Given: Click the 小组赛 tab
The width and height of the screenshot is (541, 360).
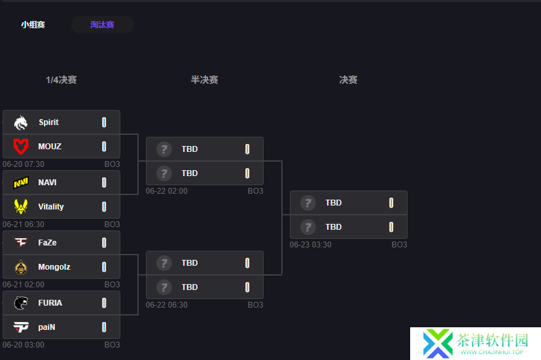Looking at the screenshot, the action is pyautogui.click(x=33, y=25).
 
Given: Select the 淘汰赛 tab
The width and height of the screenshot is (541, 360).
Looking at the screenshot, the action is pyautogui.click(x=103, y=25).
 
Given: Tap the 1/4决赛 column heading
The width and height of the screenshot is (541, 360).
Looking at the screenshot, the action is pyautogui.click(x=61, y=80).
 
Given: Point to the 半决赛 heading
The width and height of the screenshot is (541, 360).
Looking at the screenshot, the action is pyautogui.click(x=205, y=80).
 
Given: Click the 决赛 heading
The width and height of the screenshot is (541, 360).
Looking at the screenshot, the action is pyautogui.click(x=348, y=80).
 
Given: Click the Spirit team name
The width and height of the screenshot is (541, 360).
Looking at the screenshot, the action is pyautogui.click(x=48, y=122).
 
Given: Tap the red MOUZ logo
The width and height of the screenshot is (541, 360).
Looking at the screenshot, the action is pyautogui.click(x=21, y=147).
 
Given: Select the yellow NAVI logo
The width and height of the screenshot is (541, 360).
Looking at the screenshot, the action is pyautogui.click(x=21, y=183).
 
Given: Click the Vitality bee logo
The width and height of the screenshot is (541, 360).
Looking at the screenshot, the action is pyautogui.click(x=21, y=206).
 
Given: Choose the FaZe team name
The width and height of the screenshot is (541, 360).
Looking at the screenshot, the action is pyautogui.click(x=47, y=243).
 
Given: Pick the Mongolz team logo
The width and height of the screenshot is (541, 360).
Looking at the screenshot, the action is pyautogui.click(x=21, y=267).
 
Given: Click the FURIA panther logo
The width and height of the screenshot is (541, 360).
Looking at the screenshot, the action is pyautogui.click(x=21, y=303).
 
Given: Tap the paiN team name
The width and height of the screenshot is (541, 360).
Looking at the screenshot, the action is pyautogui.click(x=46, y=327).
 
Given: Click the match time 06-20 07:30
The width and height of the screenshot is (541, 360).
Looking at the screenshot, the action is pyautogui.click(x=24, y=164).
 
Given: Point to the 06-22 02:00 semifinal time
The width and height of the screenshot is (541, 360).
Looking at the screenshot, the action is pyautogui.click(x=167, y=191).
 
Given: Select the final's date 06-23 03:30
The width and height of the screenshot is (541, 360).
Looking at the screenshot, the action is pyautogui.click(x=311, y=245).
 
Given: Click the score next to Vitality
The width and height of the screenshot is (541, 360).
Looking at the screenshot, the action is pyautogui.click(x=104, y=207).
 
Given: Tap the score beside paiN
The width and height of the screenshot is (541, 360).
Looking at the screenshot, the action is pyautogui.click(x=104, y=327).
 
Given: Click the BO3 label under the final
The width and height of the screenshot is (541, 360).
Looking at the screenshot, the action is pyautogui.click(x=399, y=245).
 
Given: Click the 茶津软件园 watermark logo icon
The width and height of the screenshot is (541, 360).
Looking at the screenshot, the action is pyautogui.click(x=438, y=343).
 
